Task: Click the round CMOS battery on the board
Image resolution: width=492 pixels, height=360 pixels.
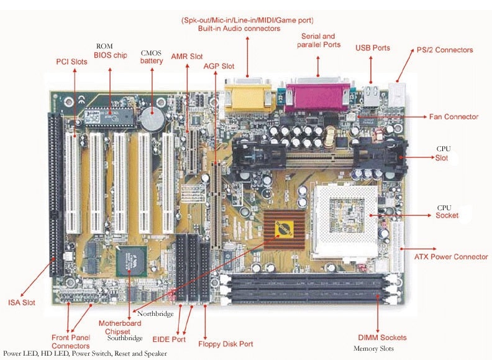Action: [152, 119]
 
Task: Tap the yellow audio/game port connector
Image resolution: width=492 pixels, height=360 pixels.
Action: [248, 96]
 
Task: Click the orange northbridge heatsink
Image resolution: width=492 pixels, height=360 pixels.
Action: [285, 230]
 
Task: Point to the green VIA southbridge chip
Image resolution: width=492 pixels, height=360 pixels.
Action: [132, 261]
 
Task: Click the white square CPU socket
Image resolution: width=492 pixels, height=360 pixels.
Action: [346, 221]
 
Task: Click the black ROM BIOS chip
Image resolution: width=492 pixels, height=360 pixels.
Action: [109, 118]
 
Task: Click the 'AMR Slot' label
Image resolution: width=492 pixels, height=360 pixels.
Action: [187, 57]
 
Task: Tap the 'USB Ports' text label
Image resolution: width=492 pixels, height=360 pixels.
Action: [373, 48]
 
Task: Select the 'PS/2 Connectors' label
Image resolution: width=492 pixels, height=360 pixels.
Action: [445, 50]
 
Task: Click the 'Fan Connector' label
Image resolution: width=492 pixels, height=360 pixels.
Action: [453, 117]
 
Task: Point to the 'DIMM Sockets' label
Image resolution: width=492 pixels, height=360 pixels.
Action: [382, 338]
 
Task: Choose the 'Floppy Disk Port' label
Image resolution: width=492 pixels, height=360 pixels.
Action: [225, 344]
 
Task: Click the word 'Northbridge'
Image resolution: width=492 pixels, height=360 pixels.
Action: [155, 314]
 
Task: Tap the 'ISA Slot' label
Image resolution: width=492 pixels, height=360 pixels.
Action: [22, 303]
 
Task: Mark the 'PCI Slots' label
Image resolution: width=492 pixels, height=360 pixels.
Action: [71, 62]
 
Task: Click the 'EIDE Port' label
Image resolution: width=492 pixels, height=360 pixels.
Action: [169, 339]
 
